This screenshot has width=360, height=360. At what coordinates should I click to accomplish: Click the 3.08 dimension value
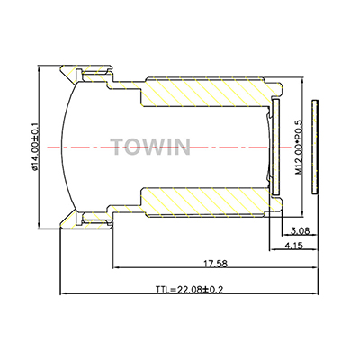(x=300, y=230)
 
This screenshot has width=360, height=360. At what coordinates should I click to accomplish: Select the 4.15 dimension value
(x=294, y=246)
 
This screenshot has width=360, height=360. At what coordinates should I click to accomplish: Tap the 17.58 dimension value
(x=216, y=264)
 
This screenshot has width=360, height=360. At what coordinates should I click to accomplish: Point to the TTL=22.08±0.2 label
(x=189, y=290)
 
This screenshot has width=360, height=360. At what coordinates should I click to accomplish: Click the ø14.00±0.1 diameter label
(x=34, y=148)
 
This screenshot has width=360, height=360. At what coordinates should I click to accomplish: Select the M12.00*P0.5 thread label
(x=299, y=148)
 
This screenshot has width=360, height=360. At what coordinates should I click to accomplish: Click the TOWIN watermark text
(x=150, y=147)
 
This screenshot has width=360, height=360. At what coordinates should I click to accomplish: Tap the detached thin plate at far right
(x=315, y=147)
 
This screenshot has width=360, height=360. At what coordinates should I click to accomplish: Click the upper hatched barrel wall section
(x=204, y=92)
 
